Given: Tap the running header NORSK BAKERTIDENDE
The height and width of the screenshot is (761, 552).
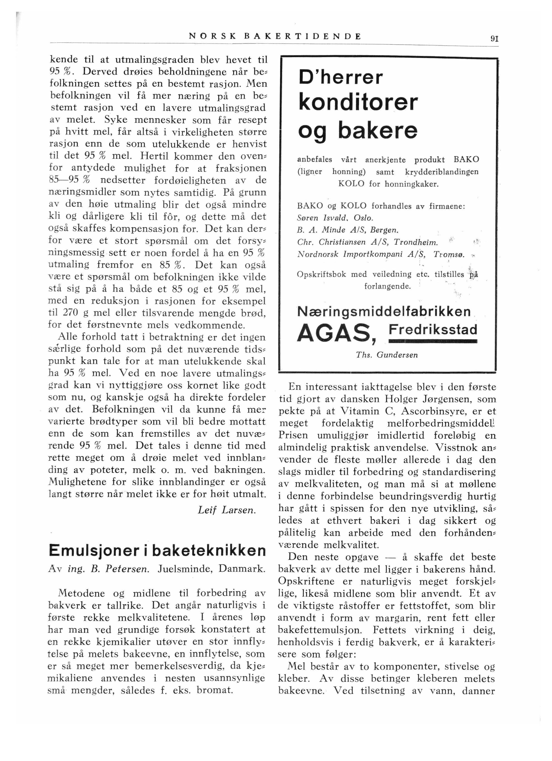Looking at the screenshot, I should pos(275,36).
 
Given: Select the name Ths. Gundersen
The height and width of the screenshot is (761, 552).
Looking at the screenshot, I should pos(387,355).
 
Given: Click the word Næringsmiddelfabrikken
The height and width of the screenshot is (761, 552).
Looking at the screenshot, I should pos(384,312).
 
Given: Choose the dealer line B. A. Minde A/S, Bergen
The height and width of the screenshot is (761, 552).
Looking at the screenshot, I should pos(348,230).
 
